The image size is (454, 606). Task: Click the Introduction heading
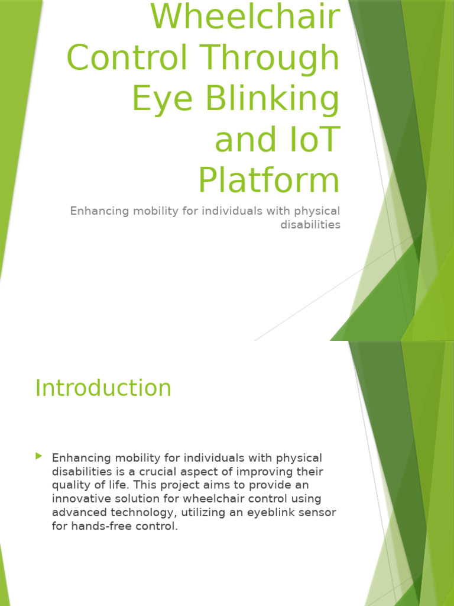tap(103, 388)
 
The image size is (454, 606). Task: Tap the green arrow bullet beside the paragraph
tap(39, 456)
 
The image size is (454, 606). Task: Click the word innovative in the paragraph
tap(79, 499)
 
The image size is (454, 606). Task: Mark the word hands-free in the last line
tap(102, 526)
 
